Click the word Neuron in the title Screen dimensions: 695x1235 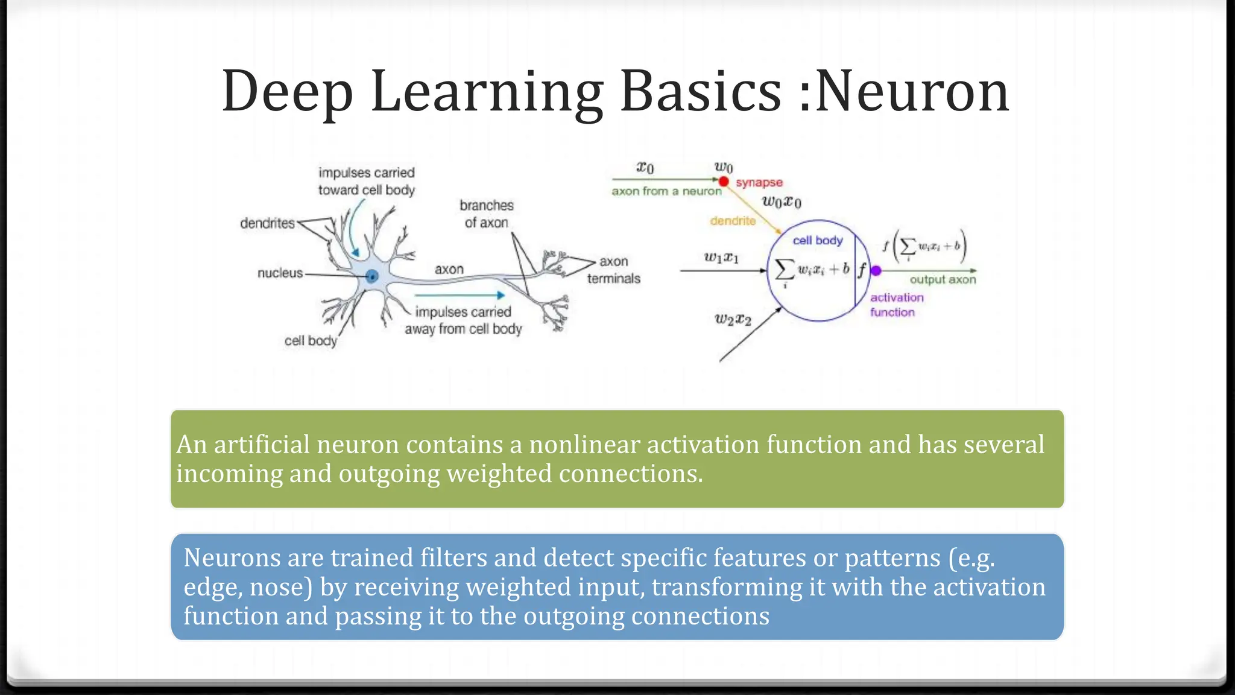coord(912,92)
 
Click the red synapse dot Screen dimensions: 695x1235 coord(724,182)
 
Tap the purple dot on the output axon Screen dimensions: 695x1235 coord(876,271)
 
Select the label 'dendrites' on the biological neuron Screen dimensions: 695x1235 coord(267,224)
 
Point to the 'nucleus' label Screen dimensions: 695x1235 coord(280,273)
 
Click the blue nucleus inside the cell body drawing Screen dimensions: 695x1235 coord(372,276)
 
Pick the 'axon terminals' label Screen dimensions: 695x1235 coord(614,270)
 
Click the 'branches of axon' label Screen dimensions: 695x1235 coord(486,214)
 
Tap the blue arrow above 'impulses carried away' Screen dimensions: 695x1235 coord(460,295)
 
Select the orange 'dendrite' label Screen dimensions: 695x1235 coord(733,221)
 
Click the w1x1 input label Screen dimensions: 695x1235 coord(721,258)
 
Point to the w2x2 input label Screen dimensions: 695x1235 coord(733,319)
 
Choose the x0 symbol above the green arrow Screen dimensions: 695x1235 coord(645,168)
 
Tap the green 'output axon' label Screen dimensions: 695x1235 coord(943,279)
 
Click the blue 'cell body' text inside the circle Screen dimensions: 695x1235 coord(817,240)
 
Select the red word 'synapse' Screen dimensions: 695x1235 coord(759,182)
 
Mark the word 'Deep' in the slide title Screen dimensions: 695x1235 coord(287,92)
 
